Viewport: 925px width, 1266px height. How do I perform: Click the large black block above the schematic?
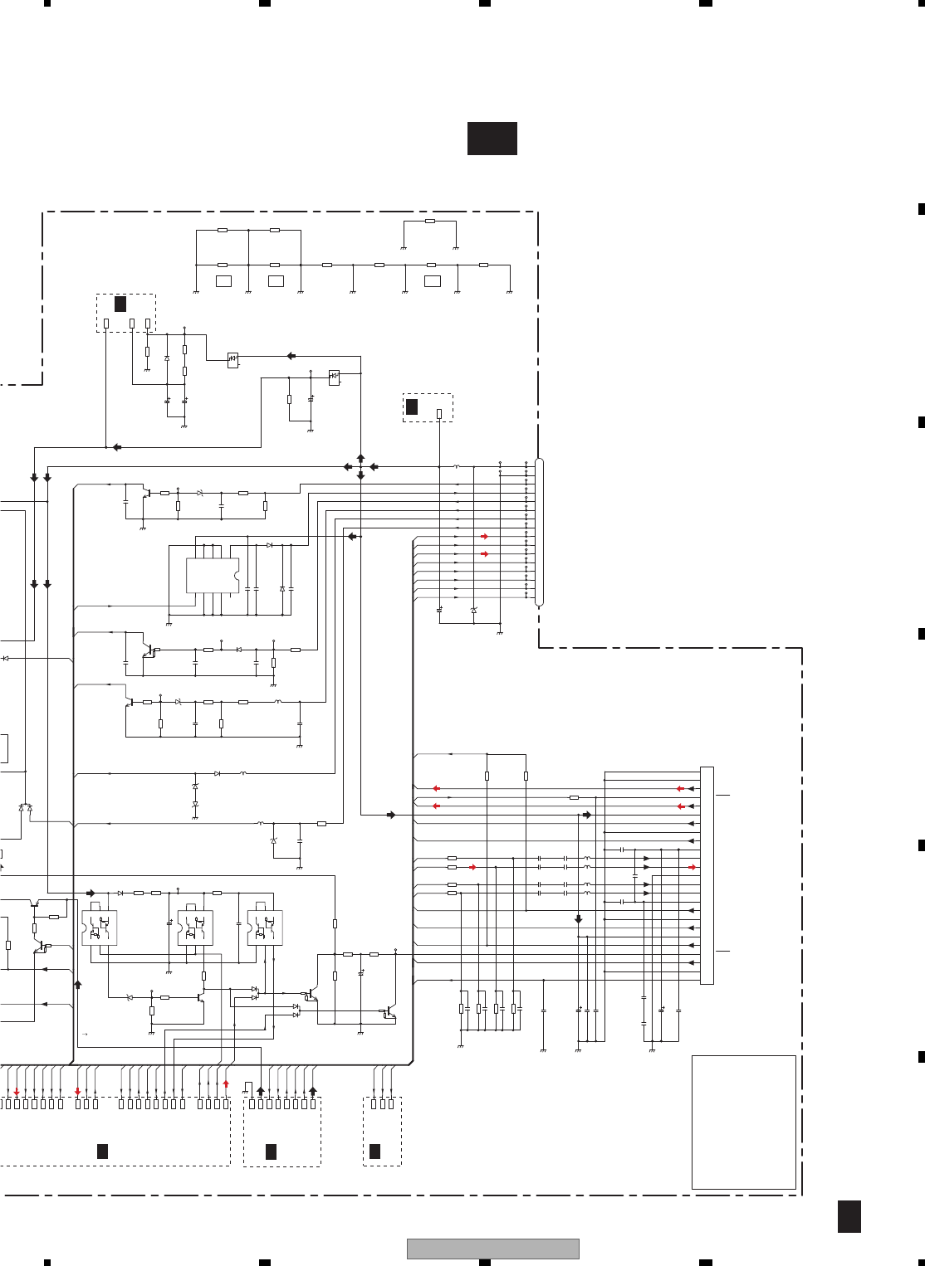click(x=492, y=139)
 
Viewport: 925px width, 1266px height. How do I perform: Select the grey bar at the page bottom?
click(x=492, y=1249)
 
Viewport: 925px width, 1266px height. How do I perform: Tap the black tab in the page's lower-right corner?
click(x=849, y=1216)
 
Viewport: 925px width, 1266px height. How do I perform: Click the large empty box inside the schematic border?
click(x=743, y=1122)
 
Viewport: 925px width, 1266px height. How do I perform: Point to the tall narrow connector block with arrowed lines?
click(x=707, y=875)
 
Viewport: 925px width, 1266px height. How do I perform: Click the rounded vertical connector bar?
click(x=539, y=532)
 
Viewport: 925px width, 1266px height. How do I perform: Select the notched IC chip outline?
click(x=212, y=576)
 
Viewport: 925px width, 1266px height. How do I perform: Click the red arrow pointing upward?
click(x=225, y=1083)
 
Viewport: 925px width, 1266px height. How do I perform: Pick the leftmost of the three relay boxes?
click(x=100, y=928)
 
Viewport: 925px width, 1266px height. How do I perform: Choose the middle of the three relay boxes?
click(x=195, y=928)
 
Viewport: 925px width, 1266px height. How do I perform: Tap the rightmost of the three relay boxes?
click(x=265, y=928)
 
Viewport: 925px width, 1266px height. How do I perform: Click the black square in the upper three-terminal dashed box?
click(x=120, y=304)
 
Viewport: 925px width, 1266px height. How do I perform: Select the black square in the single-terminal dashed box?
click(x=412, y=407)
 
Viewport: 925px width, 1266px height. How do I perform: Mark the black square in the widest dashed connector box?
click(x=102, y=1151)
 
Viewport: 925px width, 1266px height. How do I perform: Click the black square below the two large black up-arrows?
click(x=271, y=1151)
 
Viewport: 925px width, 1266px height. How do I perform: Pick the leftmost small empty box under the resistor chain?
click(x=223, y=281)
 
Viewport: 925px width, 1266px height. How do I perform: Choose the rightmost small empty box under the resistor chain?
click(x=432, y=281)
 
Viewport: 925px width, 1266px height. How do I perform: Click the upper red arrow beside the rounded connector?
click(x=485, y=537)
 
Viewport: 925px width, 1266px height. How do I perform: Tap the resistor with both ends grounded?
click(x=429, y=222)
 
